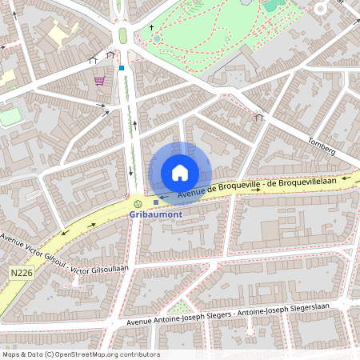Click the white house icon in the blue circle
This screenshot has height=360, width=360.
(180, 172)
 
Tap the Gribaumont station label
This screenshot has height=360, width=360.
(155, 214)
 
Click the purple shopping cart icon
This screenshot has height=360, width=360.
(99, 81)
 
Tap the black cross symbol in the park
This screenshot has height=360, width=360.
(151, 27)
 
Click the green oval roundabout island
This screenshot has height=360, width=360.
(123, 35)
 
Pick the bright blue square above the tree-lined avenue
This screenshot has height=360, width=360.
(122, 68)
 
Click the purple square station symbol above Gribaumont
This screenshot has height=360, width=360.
(156, 202)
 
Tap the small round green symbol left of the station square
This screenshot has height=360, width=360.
(138, 202)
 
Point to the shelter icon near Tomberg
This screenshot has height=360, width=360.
(258, 117)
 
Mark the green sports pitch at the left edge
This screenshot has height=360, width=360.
(10, 117)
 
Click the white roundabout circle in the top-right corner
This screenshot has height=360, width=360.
(321, 9)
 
